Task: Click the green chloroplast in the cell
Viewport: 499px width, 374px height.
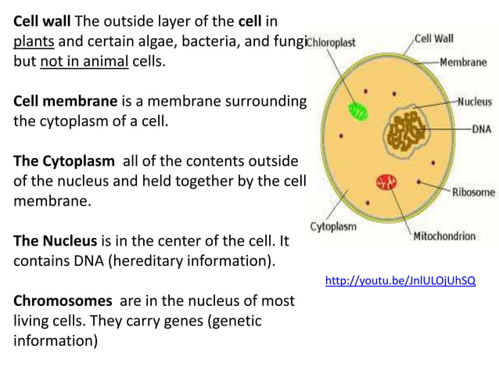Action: pyautogui.click(x=358, y=110)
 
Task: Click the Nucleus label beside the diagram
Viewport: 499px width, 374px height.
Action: pyautogui.click(x=474, y=101)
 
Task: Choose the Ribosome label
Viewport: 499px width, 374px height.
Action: pyautogui.click(x=473, y=192)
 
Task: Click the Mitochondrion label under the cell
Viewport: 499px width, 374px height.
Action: pyautogui.click(x=443, y=236)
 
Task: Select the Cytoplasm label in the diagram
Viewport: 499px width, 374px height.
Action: pyautogui.click(x=334, y=227)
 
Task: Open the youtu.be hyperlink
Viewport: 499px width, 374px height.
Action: pyautogui.click(x=400, y=279)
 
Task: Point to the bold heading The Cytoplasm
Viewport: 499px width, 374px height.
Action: pyautogui.click(x=61, y=162)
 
